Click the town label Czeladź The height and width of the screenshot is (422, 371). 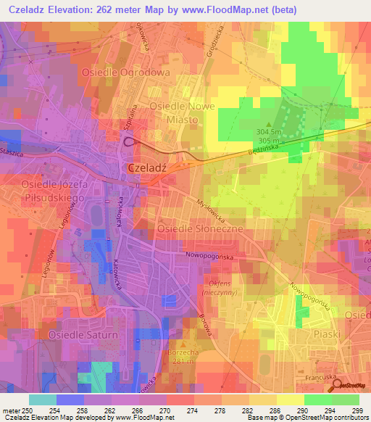click(147, 167)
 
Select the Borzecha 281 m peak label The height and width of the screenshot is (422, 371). click(183, 355)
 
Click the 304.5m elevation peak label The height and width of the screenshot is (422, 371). click(269, 132)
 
